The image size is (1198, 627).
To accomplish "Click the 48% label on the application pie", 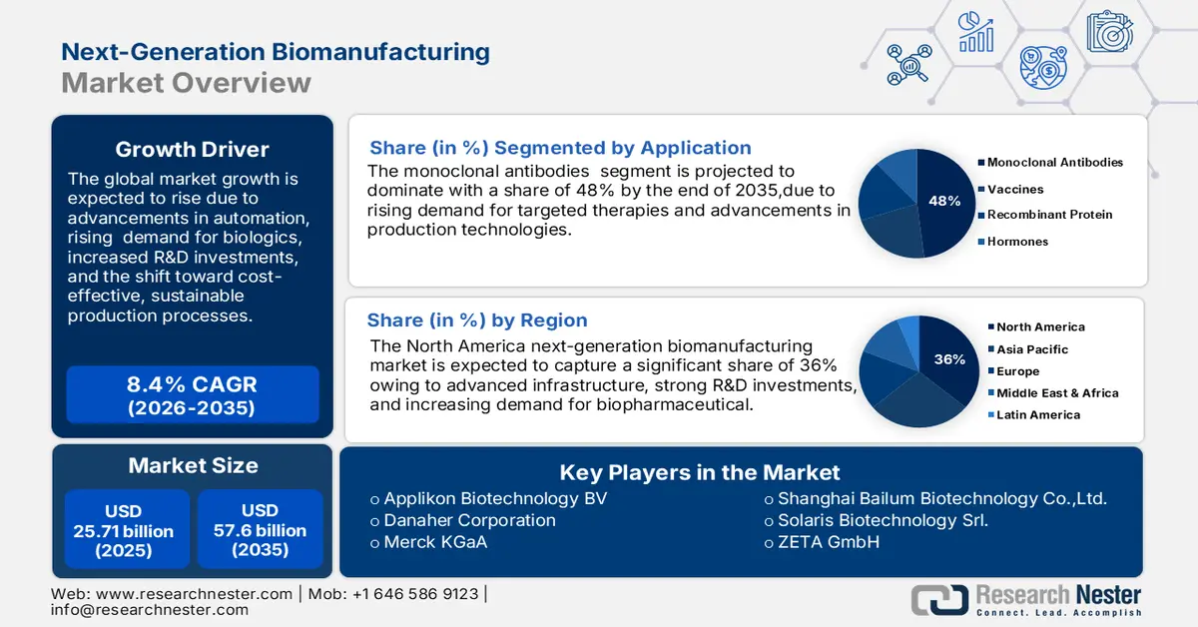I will pyautogui.click(x=943, y=201).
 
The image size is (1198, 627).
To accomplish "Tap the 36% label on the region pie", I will pyautogui.click(x=949, y=359).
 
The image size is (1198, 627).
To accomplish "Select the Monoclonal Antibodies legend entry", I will pyautogui.click(x=1055, y=162).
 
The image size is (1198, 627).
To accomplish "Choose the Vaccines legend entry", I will pyautogui.click(x=1015, y=189).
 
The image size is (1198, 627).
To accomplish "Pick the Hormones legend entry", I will pyautogui.click(x=1017, y=242).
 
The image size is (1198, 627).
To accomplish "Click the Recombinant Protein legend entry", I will pyautogui.click(x=1049, y=215).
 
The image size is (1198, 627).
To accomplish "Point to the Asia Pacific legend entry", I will pyautogui.click(x=1032, y=349).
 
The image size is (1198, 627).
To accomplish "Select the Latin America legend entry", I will pyautogui.click(x=1038, y=415).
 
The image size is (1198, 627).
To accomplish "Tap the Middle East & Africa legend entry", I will pyautogui.click(x=1057, y=393).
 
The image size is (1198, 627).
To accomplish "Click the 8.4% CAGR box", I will pyautogui.click(x=192, y=395).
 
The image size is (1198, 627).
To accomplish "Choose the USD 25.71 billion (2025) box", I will pyautogui.click(x=124, y=530).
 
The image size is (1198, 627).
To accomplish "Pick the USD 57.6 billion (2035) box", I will pyautogui.click(x=260, y=530).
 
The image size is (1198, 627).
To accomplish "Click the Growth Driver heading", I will pyautogui.click(x=192, y=150).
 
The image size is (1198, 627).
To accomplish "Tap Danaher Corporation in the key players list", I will pyautogui.click(x=469, y=520).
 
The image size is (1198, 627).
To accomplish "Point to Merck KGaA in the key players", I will pyautogui.click(x=435, y=542).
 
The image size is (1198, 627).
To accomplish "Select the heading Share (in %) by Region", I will pyautogui.click(x=477, y=320).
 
